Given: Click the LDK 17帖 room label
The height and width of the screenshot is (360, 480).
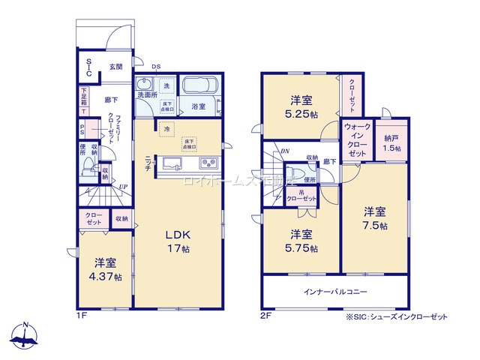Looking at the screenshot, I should pos(178,240).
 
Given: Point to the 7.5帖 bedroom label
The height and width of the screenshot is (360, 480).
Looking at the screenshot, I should pos(376,218).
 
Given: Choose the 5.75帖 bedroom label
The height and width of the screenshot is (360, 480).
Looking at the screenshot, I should pos(301,241).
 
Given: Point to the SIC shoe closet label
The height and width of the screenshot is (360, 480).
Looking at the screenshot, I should pos(88,67).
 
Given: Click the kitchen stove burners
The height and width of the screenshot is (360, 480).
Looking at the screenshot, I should pos(207,163).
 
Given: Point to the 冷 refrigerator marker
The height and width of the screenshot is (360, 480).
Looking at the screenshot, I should pos(166,128).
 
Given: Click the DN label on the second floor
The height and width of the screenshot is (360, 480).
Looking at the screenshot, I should pos(285,151).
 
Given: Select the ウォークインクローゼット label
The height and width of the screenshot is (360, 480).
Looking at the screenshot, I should pos(356,139).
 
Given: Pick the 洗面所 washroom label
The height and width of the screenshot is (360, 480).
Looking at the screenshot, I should pos(147,95).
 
